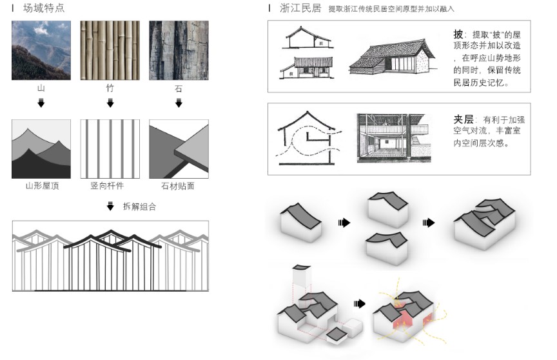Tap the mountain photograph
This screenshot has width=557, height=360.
click(41, 50)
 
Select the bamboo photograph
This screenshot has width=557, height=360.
click(110, 50)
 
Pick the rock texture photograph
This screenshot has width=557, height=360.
click(179, 50)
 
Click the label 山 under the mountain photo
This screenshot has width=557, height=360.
click(41, 88)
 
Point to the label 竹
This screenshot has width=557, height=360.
click(110, 88)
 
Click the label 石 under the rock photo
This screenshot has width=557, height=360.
click(179, 88)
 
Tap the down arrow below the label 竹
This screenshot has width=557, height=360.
click(110, 103)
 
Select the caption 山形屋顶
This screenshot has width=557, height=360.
click(41, 186)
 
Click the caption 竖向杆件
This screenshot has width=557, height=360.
click(110, 186)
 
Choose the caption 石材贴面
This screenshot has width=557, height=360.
click(179, 186)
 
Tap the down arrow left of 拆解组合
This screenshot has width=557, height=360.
click(110, 207)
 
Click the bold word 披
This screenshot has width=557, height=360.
click(458, 34)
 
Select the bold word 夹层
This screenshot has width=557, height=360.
click(463, 119)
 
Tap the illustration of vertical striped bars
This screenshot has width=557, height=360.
click(110, 149)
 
